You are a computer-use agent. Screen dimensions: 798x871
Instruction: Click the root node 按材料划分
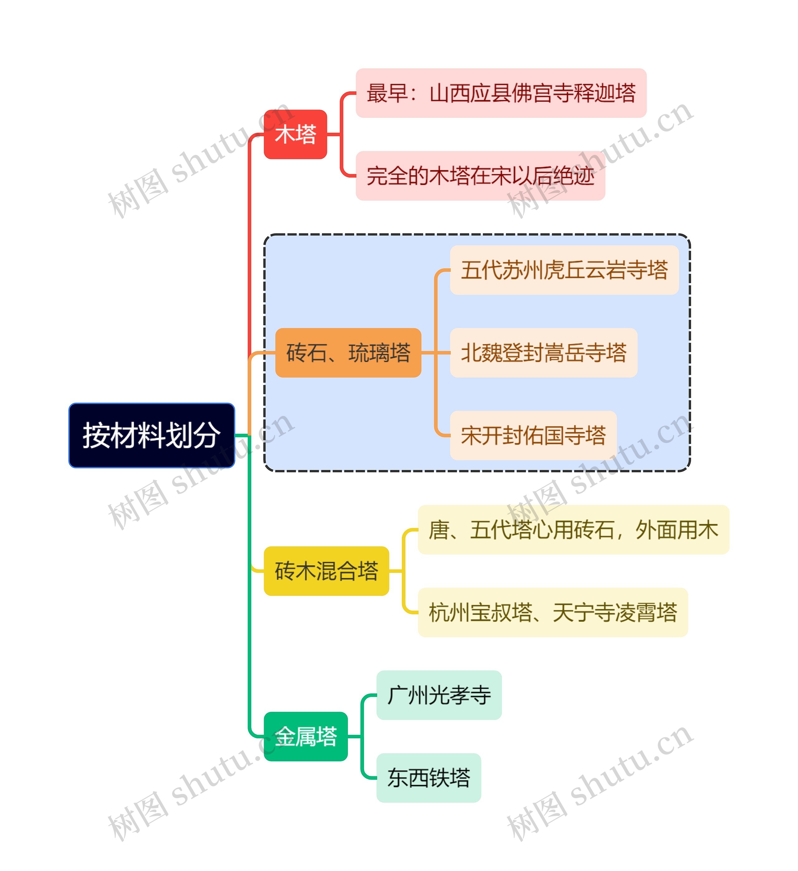point(151,435)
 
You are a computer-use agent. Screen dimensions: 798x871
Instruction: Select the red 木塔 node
point(295,134)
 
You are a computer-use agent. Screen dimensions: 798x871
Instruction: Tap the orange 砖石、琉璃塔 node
point(348,353)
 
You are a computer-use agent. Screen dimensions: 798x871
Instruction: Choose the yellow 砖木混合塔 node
point(326,571)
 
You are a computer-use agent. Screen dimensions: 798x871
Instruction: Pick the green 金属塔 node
point(305,736)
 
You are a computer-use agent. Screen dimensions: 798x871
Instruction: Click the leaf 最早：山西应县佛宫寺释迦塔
point(501,93)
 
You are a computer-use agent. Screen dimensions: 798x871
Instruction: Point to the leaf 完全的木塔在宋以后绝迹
point(480,176)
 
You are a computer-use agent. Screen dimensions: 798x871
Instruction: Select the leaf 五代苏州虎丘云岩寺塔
point(564,270)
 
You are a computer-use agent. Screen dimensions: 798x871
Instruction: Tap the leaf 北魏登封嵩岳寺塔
point(543,353)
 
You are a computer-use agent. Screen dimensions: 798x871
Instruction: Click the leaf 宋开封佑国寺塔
point(533,435)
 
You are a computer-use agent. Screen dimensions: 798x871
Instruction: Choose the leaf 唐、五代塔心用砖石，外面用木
point(573,530)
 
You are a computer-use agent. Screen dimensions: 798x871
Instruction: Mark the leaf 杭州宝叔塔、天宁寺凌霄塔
point(552,612)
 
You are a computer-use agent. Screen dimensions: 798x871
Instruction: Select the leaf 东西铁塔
point(428,778)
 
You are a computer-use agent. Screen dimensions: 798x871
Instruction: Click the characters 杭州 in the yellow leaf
point(449,612)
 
